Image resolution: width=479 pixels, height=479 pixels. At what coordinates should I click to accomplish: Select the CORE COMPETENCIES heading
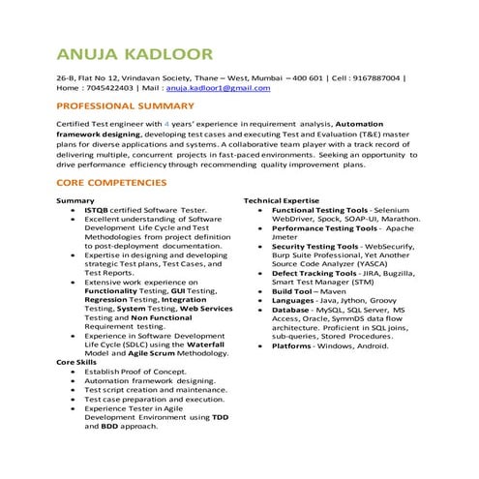(x=111, y=182)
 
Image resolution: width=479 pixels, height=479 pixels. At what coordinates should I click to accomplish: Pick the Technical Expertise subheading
(x=281, y=200)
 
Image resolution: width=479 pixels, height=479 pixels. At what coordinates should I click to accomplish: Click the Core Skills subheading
(x=78, y=361)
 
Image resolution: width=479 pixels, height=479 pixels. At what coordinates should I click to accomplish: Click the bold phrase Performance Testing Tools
(x=324, y=227)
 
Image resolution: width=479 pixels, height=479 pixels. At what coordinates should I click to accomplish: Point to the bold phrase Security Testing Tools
(x=314, y=246)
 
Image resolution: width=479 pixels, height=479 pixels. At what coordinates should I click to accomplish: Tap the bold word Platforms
(x=291, y=345)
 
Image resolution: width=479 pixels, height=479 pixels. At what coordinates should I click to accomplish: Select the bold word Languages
(x=293, y=300)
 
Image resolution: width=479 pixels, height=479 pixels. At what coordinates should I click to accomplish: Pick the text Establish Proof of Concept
(x=135, y=371)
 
